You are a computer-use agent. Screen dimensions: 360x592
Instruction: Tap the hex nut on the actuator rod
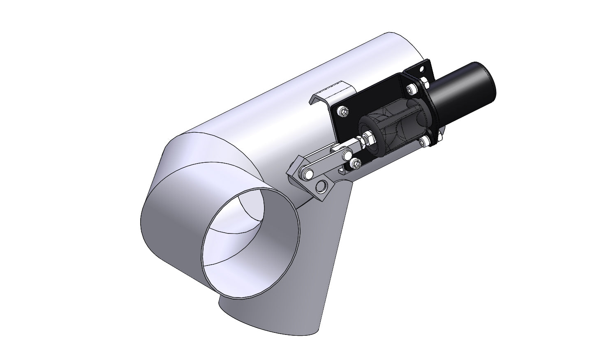369,138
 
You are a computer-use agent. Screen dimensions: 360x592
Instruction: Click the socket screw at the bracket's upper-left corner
343,111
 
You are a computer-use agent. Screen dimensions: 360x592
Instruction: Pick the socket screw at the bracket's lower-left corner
356,164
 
